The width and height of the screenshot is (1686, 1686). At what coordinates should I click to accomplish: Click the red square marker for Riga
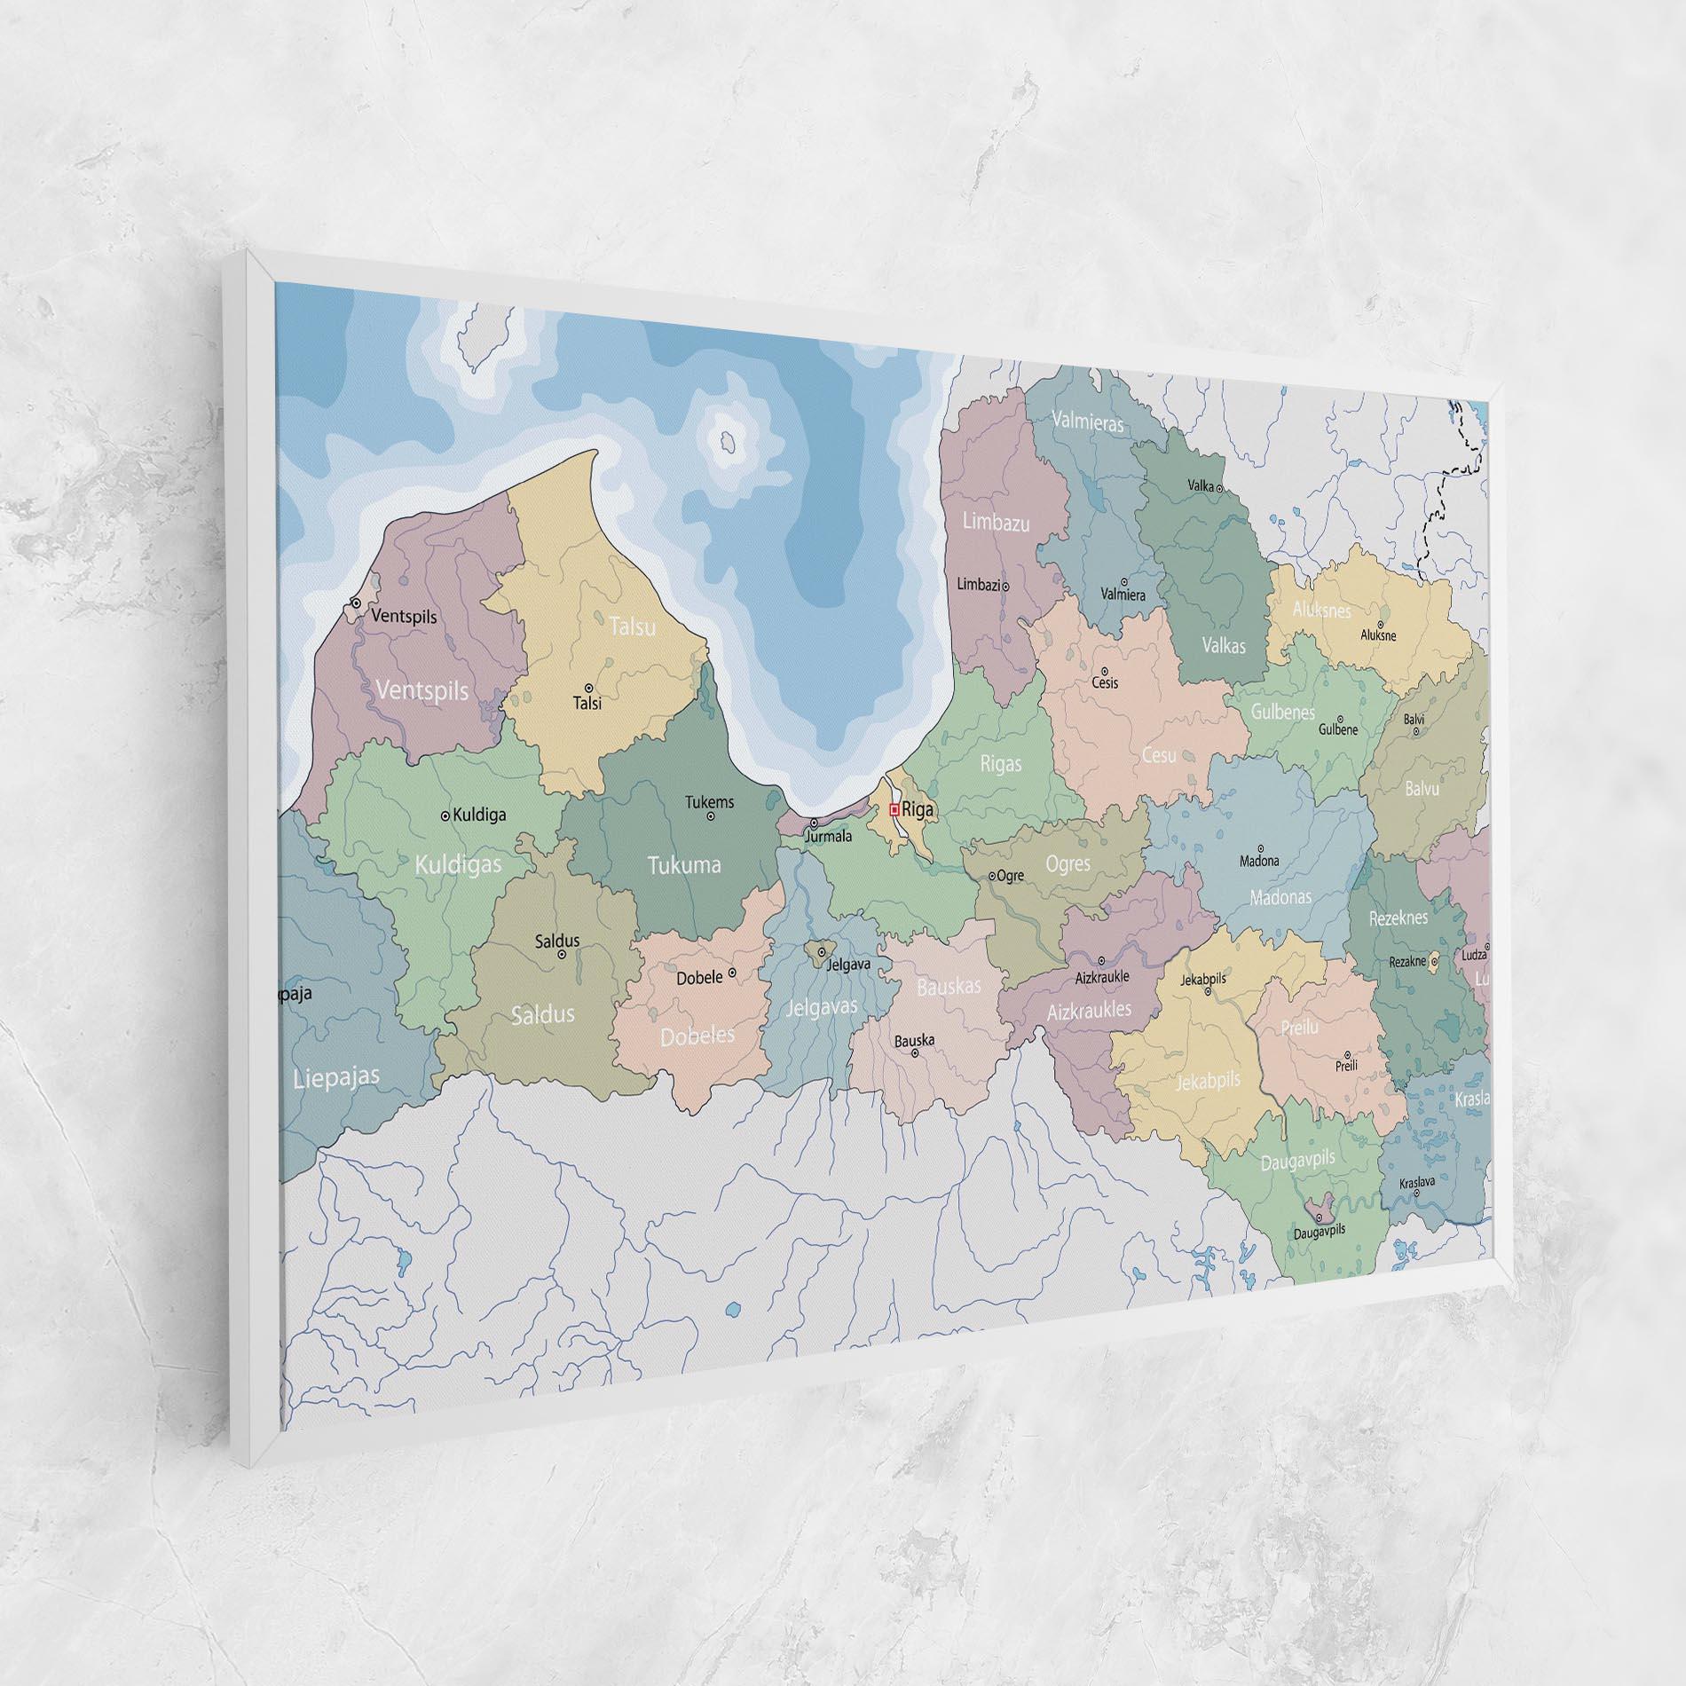click(894, 809)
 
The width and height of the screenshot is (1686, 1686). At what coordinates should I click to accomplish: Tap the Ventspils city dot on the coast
click(356, 603)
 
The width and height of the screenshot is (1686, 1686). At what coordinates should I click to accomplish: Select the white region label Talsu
click(633, 626)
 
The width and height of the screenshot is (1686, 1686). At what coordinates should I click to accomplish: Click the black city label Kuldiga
click(479, 815)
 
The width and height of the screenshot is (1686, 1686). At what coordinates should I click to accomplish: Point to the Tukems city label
click(709, 802)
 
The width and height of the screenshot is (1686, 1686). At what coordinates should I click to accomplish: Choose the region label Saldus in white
click(542, 1014)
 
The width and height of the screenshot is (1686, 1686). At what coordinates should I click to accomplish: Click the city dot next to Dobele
click(732, 973)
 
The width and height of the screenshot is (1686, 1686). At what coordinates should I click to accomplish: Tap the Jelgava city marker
click(822, 952)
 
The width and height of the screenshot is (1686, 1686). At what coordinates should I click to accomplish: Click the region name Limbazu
click(997, 523)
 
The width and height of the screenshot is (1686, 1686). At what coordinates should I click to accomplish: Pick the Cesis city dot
click(1105, 671)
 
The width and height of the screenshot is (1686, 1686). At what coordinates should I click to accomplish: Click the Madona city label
click(1259, 861)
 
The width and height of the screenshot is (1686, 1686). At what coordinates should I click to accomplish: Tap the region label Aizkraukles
click(1089, 1010)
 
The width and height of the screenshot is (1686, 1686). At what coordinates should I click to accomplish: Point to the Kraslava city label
click(1416, 1183)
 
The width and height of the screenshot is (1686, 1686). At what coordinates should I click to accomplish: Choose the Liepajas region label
click(336, 1077)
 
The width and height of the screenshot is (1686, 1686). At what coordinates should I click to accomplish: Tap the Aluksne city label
click(1378, 635)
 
